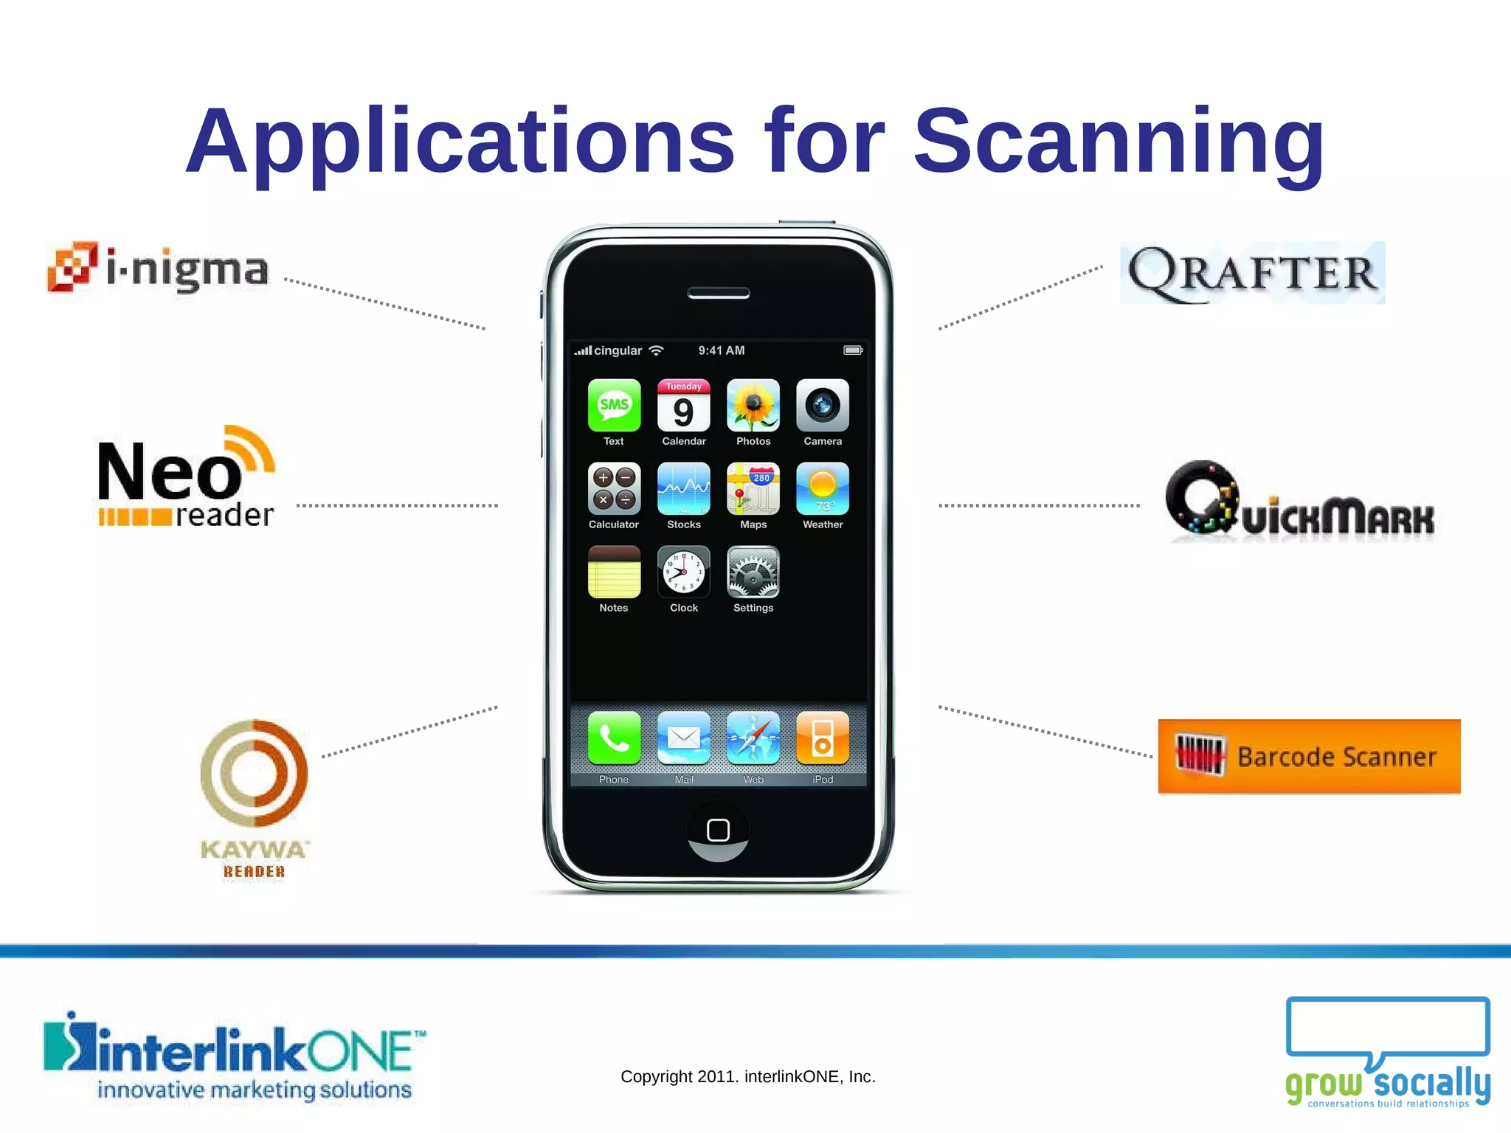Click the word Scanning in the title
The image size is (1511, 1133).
[x=1118, y=142]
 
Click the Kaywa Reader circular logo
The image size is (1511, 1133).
[x=254, y=773]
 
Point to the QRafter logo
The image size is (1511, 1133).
[x=1252, y=273]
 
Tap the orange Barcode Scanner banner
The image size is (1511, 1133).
[x=1309, y=756]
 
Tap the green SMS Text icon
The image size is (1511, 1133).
[x=614, y=406]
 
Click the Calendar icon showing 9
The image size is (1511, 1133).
[x=684, y=406]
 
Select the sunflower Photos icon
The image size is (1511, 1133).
[x=753, y=406]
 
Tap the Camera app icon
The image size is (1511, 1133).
[x=823, y=406]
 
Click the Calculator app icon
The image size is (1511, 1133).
[x=614, y=489]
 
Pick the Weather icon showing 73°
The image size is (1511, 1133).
[x=823, y=489]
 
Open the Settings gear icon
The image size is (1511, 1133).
[x=753, y=572]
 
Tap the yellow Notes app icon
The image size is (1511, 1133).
[x=614, y=572]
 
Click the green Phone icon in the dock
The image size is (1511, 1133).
[x=614, y=738]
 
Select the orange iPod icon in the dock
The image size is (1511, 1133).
[x=823, y=738]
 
